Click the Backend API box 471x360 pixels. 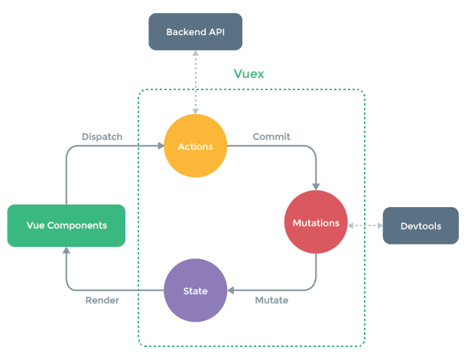click(x=195, y=32)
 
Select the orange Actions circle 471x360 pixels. click(x=195, y=146)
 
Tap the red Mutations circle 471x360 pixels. click(x=316, y=223)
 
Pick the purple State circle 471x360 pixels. click(x=196, y=290)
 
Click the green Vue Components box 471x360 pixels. click(x=67, y=225)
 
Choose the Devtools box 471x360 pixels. click(x=421, y=226)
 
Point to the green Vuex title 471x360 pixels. click(x=248, y=75)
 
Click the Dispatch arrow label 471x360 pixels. click(x=102, y=137)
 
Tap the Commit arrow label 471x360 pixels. click(x=271, y=137)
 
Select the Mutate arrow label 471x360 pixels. click(x=271, y=300)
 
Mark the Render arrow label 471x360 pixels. click(x=102, y=300)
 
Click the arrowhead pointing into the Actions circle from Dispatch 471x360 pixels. click(x=160, y=146)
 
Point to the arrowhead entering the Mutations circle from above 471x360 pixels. click(x=316, y=186)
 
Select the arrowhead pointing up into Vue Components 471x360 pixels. click(x=67, y=251)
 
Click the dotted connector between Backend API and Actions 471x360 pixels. click(x=195, y=83)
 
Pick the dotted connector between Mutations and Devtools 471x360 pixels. click(x=365, y=225)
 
